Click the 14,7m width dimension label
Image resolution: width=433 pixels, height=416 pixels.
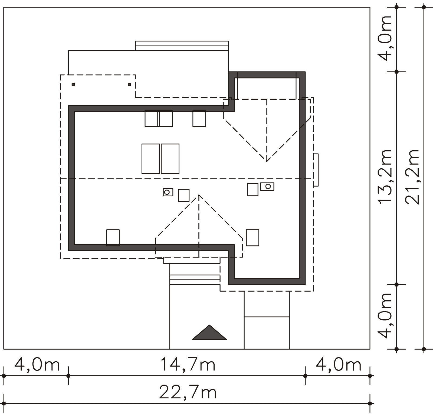188,365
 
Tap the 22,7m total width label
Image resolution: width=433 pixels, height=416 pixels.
188,392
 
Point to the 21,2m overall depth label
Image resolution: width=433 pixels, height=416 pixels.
412,177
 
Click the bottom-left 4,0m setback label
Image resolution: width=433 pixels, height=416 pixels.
37,365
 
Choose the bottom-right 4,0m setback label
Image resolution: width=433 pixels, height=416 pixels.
338,365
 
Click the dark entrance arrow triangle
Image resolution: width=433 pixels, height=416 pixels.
209,333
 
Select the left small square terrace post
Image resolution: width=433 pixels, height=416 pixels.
73,84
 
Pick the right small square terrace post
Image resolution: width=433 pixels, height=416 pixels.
129,84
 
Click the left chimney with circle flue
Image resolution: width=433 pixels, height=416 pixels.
168,192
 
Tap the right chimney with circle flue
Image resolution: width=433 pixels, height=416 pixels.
267,186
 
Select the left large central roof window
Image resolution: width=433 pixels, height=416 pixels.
151,159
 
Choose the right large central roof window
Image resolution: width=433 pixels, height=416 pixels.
170,159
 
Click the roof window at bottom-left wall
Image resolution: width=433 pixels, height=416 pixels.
113,238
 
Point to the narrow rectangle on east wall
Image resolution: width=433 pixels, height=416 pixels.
316,170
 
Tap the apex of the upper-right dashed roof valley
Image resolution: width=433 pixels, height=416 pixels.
267,161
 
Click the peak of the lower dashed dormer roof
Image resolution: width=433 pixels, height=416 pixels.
199,195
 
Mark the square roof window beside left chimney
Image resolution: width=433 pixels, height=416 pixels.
183,195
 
